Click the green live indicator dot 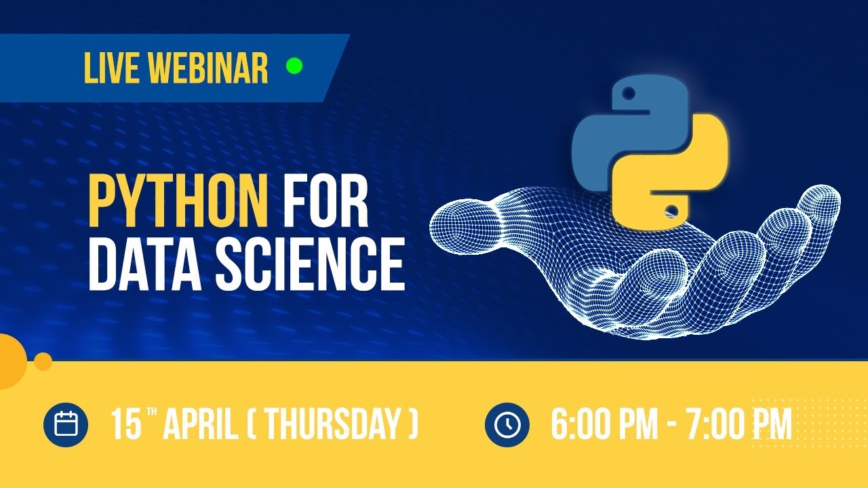pos(294,66)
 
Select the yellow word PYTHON pos(178,202)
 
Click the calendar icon pos(66,425)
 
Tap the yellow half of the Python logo pos(685,176)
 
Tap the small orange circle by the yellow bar pos(43,361)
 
